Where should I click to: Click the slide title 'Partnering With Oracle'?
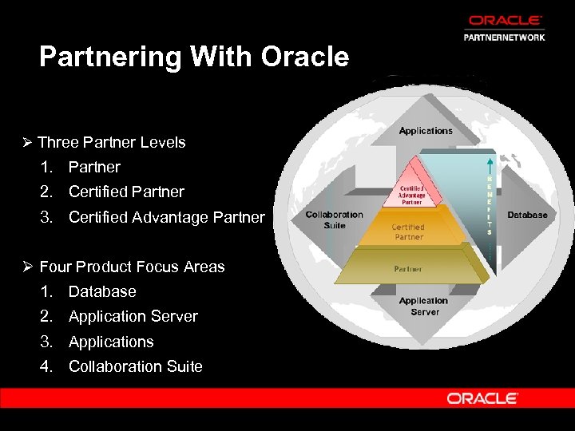point(194,57)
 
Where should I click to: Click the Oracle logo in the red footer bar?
point(482,397)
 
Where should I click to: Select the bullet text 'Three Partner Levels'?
point(111,142)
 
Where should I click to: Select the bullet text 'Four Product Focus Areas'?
point(132,267)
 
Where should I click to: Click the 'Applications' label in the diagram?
point(426,131)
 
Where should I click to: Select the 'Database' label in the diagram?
point(527,215)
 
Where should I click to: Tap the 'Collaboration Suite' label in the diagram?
point(334,219)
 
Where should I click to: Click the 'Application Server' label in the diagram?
point(424,306)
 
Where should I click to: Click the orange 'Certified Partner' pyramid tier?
point(408,231)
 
